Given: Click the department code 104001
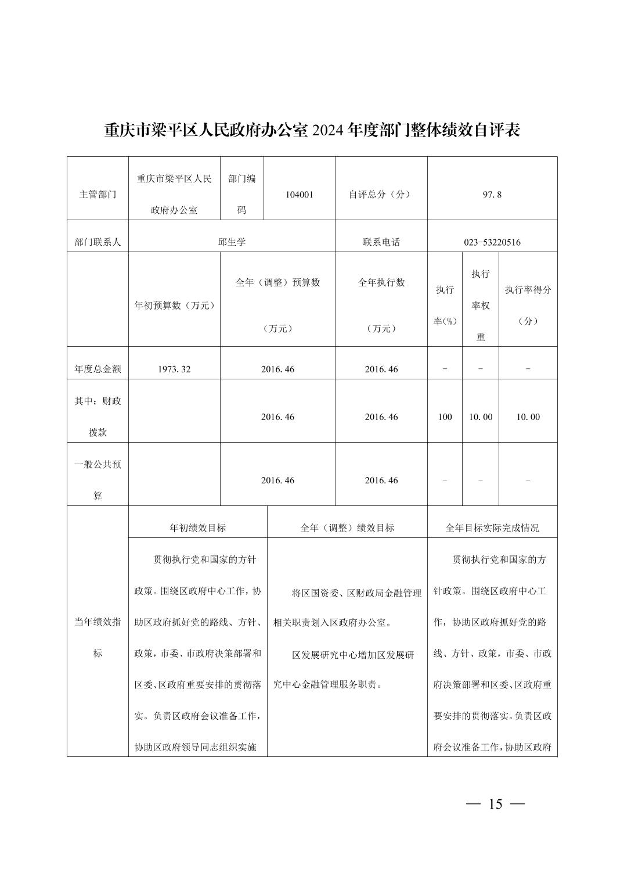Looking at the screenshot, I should pos(299,195).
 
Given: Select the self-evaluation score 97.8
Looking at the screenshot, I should pos(492,195).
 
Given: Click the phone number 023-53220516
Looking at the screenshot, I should pos(492,242).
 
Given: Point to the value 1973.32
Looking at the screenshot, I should pos(174,369).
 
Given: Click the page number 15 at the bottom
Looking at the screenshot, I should pos(495,804).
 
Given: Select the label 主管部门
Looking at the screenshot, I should pos(98,195).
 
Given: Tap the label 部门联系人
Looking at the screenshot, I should pos(98,242).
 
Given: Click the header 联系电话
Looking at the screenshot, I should pos(381,242).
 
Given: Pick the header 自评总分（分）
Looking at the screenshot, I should pos(381,195).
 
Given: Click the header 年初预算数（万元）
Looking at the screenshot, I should pos(174,305).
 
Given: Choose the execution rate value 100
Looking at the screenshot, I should pos(445,417).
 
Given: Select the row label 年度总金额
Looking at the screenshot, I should pos(98,369).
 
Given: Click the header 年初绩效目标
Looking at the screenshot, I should pos(197,527).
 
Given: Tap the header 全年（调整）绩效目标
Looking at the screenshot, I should pos(347,527).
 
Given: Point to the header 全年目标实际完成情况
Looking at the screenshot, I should pos(492,527).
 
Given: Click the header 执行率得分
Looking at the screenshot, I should pos(528,290).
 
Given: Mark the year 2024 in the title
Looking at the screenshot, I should pos(327,130).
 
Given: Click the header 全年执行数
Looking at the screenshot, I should pos(381,282).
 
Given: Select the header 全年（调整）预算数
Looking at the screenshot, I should pos(277,282).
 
